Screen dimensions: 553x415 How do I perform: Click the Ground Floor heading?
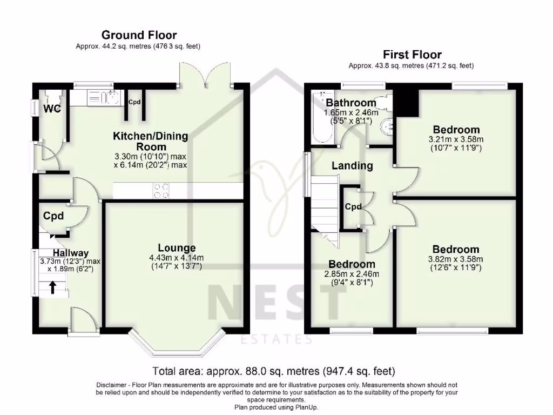[x=139, y=35]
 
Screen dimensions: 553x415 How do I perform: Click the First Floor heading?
[x=412, y=55]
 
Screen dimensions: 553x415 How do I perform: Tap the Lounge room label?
[x=177, y=248]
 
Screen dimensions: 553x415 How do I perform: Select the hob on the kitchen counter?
[x=161, y=191]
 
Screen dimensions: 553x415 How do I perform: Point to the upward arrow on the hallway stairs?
[x=52, y=287]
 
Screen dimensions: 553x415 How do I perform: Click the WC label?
[x=52, y=108]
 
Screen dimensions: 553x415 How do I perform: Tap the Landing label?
[x=352, y=165]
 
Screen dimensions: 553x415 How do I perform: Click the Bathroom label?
[x=351, y=103]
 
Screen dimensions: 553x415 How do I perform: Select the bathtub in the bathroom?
[x=322, y=117]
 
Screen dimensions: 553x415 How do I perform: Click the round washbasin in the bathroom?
[x=388, y=126]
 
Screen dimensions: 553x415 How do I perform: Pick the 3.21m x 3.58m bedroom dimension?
[x=456, y=139]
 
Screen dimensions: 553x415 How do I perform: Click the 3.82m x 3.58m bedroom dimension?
[x=455, y=259]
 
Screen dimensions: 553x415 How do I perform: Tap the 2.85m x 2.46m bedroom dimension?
[x=352, y=274]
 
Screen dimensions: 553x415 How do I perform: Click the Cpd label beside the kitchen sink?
[x=134, y=102]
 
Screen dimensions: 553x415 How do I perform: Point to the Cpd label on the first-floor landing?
[x=353, y=207]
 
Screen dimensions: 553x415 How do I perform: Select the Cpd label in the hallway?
[x=53, y=216]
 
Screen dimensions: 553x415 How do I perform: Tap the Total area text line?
[x=274, y=371]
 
